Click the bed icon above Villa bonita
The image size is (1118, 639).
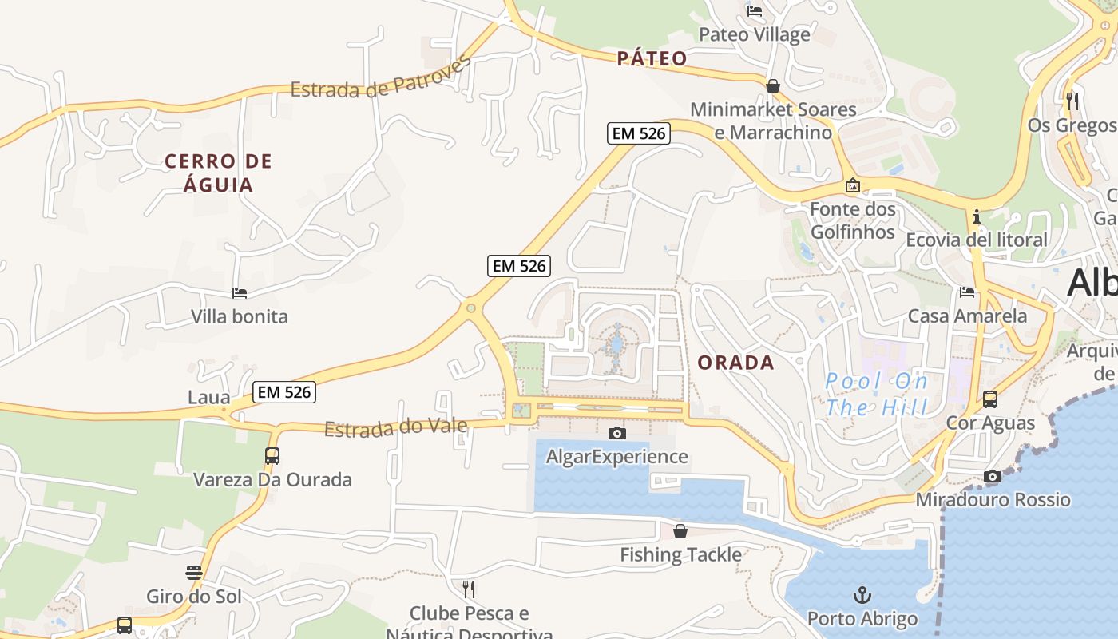[x=239, y=293]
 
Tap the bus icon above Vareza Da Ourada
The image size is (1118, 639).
[x=272, y=456]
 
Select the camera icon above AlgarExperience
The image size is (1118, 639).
[x=616, y=433]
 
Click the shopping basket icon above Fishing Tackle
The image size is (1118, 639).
[x=680, y=530]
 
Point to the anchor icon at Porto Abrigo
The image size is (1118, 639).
[x=862, y=595]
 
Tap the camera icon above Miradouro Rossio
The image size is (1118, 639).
[x=992, y=476]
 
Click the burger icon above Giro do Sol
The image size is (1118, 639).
[x=194, y=573]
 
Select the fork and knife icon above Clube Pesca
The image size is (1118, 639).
[x=469, y=589]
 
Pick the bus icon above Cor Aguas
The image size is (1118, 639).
[x=990, y=399]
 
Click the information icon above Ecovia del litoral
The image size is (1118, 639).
[x=976, y=216]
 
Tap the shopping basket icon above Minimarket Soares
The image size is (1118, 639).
[x=772, y=85]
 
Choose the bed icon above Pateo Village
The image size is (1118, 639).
[x=754, y=11]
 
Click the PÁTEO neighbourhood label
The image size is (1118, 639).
[x=652, y=58]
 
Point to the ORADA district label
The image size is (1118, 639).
[x=735, y=363]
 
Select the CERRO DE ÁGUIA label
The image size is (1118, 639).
[x=218, y=173]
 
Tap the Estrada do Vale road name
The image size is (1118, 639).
[x=395, y=427]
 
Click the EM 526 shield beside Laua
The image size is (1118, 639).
[x=284, y=392]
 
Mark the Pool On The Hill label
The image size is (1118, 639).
[x=877, y=395]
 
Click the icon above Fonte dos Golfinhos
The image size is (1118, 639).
[x=852, y=186]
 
